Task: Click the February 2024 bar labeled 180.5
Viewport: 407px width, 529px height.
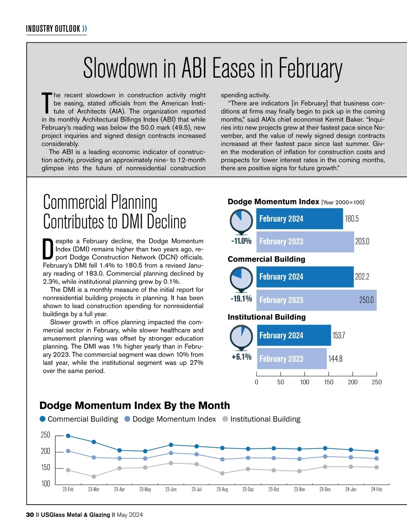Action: [299, 219]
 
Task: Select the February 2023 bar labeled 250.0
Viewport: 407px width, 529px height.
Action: [316, 300]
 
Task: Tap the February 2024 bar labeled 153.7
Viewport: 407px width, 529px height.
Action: [294, 335]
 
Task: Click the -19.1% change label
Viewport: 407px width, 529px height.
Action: [241, 299]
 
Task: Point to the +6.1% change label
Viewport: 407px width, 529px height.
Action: [241, 357]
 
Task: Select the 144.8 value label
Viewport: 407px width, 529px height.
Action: [335, 359]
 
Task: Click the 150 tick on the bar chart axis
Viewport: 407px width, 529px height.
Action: [329, 382]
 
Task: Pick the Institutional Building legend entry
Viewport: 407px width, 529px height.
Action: [265, 419]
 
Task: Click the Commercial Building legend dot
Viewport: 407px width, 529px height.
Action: [43, 419]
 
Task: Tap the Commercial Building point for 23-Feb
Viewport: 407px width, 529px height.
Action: [68, 436]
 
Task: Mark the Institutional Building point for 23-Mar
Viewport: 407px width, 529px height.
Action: [94, 477]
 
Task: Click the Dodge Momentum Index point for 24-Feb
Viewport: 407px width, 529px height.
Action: [376, 458]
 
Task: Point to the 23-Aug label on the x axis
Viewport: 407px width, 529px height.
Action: [222, 489]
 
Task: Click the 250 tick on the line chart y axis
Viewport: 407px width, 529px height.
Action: [45, 435]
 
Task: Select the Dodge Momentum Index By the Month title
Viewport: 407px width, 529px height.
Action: [134, 405]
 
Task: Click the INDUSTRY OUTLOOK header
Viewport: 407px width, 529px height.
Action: [53, 29]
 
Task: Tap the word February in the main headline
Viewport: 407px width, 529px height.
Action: [310, 69]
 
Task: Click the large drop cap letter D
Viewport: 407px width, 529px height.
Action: [48, 249]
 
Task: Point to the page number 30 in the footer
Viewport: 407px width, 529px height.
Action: [30, 515]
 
